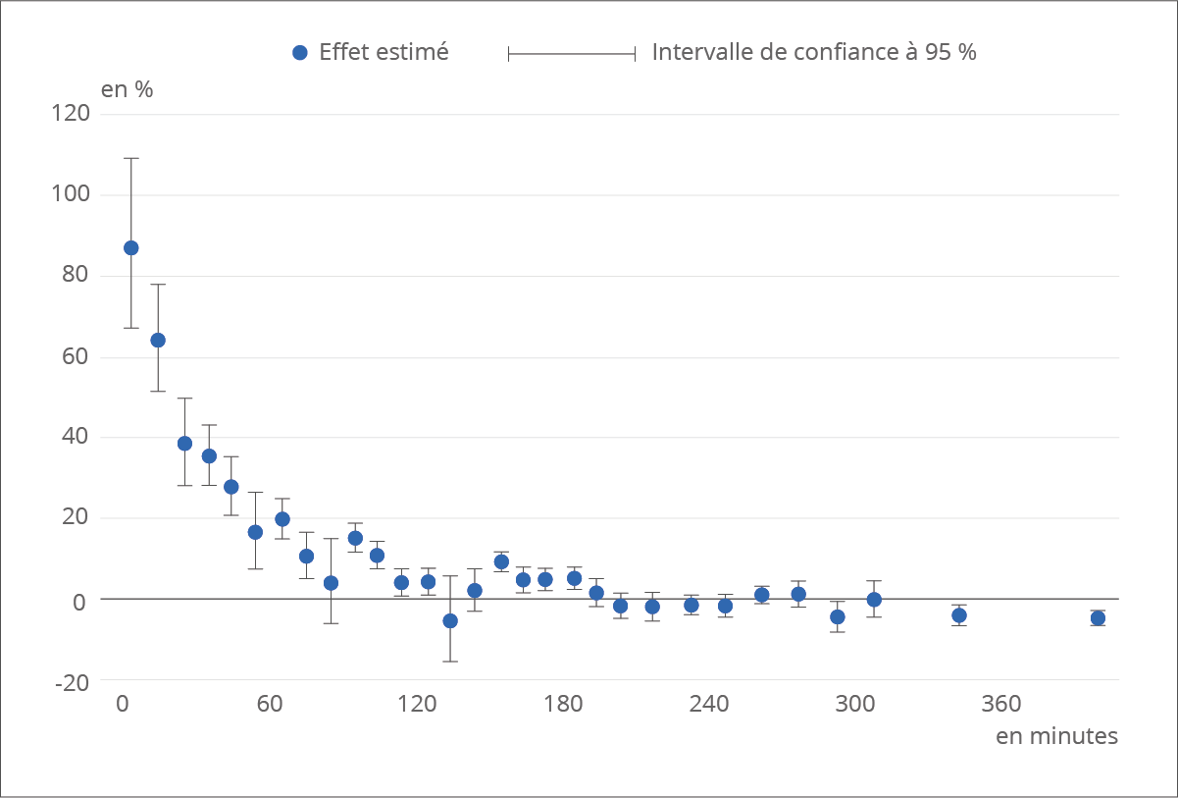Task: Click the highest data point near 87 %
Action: pyautogui.click(x=130, y=247)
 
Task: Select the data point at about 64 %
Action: pyautogui.click(x=157, y=340)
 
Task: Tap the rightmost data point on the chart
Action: pyautogui.click(x=1098, y=617)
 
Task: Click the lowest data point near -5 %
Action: pyautogui.click(x=450, y=620)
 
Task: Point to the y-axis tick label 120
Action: pyautogui.click(x=70, y=114)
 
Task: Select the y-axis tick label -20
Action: pyautogui.click(x=71, y=681)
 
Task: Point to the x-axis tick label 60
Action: pyautogui.click(x=270, y=705)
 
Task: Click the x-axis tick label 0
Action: pyautogui.click(x=123, y=705)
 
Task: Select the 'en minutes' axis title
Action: pyautogui.click(x=1056, y=735)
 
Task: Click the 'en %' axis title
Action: pyautogui.click(x=128, y=88)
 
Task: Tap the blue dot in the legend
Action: pyautogui.click(x=301, y=53)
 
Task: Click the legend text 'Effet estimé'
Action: pyautogui.click(x=384, y=53)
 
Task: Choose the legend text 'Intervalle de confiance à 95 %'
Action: pyautogui.click(x=814, y=53)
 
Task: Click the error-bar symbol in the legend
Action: pyautogui.click(x=572, y=53)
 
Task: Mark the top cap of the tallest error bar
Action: pyautogui.click(x=130, y=158)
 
